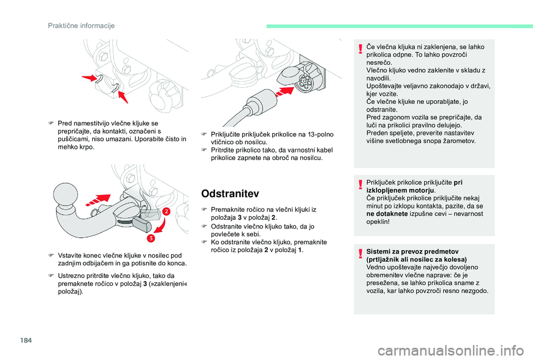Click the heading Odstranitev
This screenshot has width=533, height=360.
tap(230, 194)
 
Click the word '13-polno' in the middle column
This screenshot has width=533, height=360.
tap(320, 134)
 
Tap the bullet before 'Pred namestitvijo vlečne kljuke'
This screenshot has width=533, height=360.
tap(51, 124)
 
